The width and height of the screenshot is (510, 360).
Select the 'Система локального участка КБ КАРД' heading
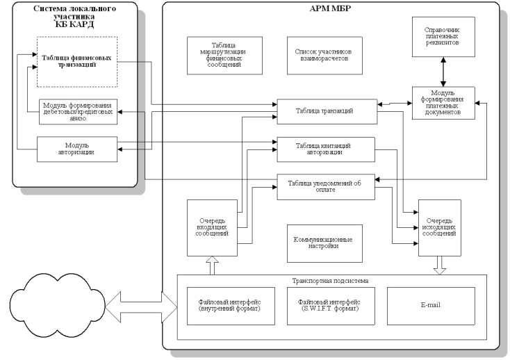click(x=75, y=15)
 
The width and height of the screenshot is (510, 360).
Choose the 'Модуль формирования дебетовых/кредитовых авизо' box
click(x=77, y=112)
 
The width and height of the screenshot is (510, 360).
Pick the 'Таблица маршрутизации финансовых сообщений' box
click(x=224, y=55)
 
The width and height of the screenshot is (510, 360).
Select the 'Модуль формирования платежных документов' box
click(x=443, y=102)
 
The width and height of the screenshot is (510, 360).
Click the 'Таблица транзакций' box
click(x=326, y=111)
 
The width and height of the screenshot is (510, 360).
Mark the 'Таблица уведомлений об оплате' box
click(x=326, y=186)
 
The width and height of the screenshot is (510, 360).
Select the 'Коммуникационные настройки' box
click(x=324, y=243)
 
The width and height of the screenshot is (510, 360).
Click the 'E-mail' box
click(x=431, y=305)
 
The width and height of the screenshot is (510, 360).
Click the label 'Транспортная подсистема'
click(x=331, y=281)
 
